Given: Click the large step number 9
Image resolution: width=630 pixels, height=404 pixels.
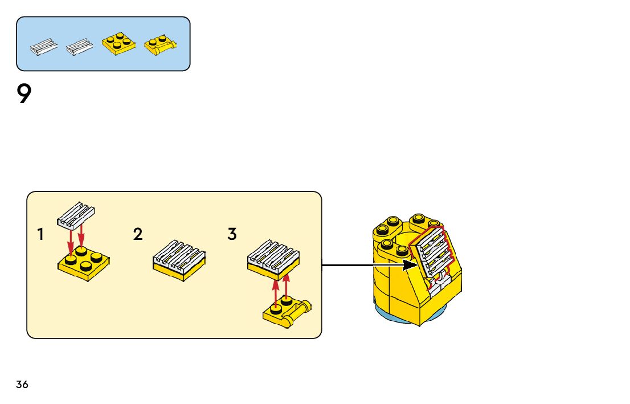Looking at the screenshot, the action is pos(23,94).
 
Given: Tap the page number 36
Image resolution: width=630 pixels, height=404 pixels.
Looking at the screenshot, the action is pos(22,384).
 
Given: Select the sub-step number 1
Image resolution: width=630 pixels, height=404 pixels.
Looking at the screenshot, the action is pos(40,234).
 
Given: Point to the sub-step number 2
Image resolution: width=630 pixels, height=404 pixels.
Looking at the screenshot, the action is pos(138,234).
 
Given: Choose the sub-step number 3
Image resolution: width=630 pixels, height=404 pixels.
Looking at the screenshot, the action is pos(232,234).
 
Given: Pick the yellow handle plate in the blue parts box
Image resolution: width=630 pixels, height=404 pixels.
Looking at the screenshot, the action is pos(159,45).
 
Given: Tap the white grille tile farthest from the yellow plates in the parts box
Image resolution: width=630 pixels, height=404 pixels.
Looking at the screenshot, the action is pos(44,47).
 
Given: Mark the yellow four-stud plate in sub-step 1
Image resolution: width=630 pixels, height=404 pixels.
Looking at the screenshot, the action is pos(83,265).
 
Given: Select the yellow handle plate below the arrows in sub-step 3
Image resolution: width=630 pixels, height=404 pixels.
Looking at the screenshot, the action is pos(283,313).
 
